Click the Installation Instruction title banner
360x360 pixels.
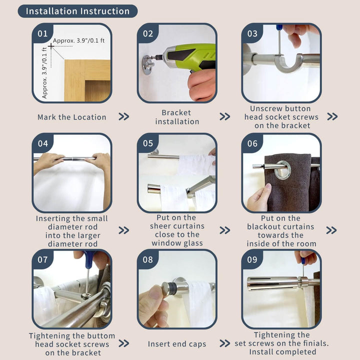(77, 11)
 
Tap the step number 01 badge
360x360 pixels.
(42, 33)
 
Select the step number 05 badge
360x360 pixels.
(148, 143)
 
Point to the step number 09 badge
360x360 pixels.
(252, 259)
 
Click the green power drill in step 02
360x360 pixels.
(188, 56)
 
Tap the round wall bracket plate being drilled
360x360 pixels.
(148, 64)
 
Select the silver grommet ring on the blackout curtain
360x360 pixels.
(283, 170)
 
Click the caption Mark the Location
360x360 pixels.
(71, 117)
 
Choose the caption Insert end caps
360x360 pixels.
(177, 343)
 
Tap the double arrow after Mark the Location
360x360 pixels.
(124, 116)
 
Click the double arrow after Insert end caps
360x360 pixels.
(225, 343)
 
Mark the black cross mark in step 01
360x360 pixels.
(51, 46)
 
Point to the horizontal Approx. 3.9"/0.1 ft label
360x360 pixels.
(79, 40)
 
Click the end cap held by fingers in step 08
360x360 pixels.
(169, 287)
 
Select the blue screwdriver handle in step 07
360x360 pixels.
(89, 259)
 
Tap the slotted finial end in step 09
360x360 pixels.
(272, 283)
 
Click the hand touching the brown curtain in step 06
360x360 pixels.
(258, 198)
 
